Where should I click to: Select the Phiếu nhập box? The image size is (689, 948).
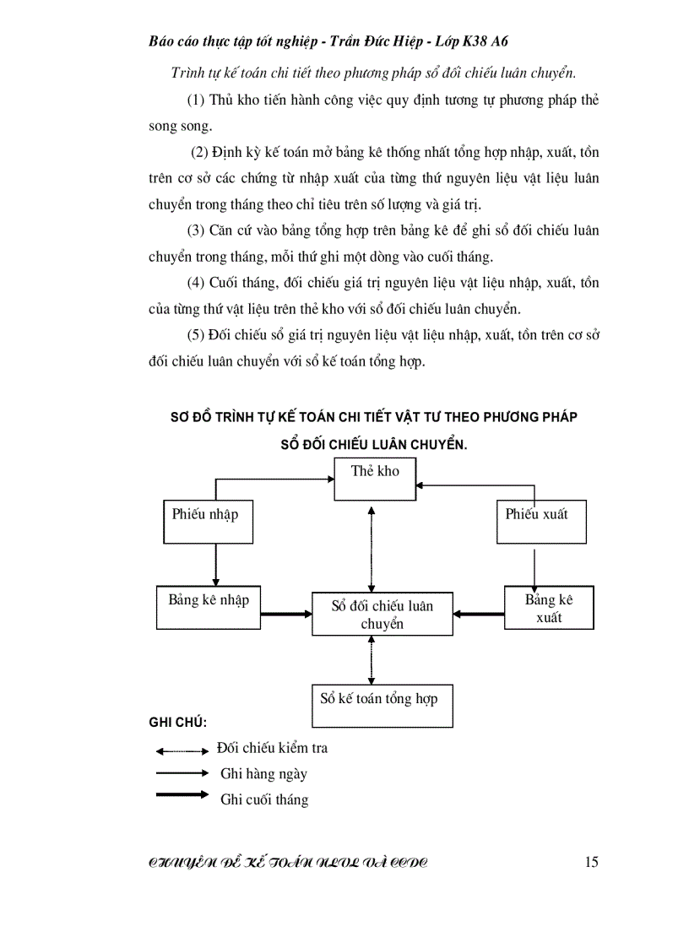(207, 522)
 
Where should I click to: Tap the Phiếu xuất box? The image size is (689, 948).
(540, 521)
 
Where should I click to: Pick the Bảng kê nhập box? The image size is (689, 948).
(209, 607)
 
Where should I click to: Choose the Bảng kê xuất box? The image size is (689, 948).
(549, 607)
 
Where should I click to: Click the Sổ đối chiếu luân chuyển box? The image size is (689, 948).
(382, 614)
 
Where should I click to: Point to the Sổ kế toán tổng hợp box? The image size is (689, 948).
(382, 705)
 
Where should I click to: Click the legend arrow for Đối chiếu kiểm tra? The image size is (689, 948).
(182, 750)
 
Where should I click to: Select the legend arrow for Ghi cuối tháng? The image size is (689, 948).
(182, 794)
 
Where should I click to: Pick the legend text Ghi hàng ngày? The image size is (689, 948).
(263, 773)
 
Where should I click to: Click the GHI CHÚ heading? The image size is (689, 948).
(178, 723)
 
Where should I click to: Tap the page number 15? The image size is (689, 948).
(591, 862)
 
